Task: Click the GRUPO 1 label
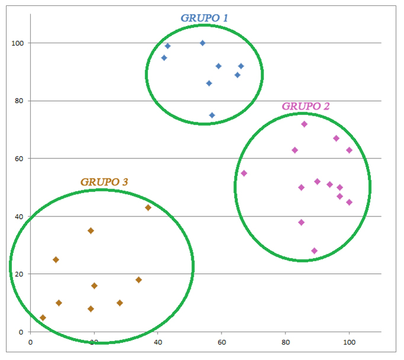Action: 204,18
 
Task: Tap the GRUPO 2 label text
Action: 306,106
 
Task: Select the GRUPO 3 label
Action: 104,181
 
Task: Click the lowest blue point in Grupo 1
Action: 212,116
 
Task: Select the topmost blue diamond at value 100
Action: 203,43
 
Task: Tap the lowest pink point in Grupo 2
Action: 314,251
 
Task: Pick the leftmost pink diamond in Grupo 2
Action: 244,173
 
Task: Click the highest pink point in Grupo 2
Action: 304,125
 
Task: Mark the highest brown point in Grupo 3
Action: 148,208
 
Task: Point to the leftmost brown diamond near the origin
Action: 43,318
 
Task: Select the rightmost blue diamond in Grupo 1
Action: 241,66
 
